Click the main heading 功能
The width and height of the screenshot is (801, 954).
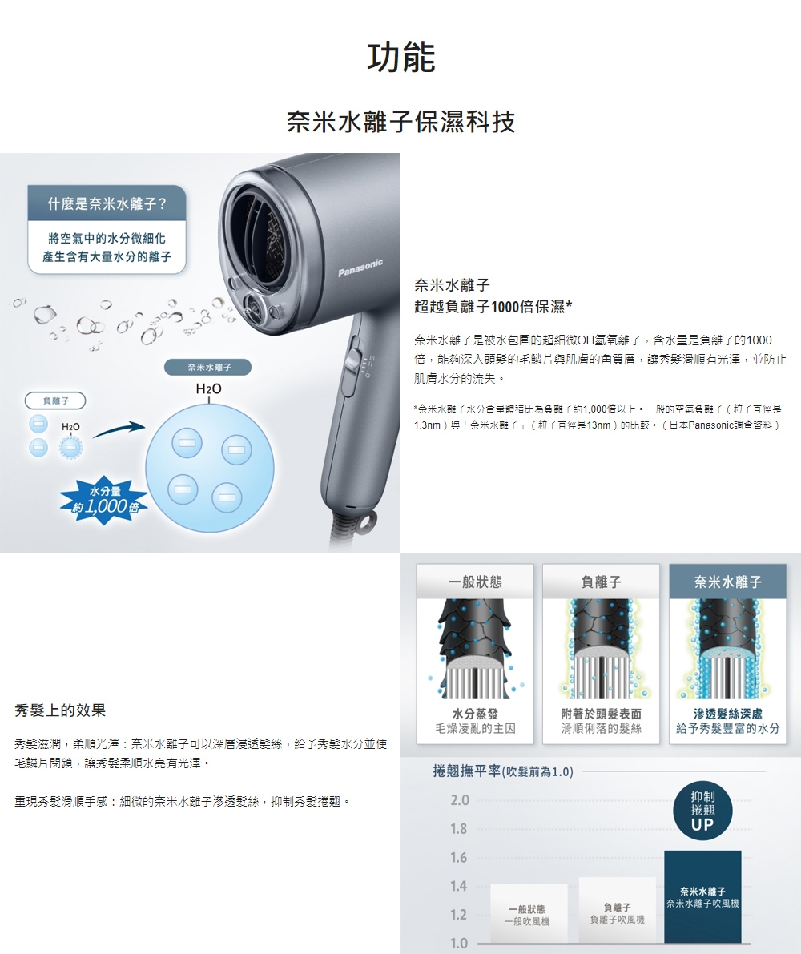point(400,58)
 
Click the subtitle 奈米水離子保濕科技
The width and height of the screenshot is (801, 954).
point(400,122)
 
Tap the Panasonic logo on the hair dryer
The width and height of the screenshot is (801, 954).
point(360,269)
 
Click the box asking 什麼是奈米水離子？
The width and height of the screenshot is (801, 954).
point(106,203)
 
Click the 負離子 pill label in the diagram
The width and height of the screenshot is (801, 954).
point(55,399)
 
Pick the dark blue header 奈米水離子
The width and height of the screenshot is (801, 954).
point(727,581)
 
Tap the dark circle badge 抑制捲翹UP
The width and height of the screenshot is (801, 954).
point(702,811)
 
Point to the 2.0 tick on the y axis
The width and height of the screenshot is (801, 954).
point(459,800)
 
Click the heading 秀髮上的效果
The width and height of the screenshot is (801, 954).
point(60,710)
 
